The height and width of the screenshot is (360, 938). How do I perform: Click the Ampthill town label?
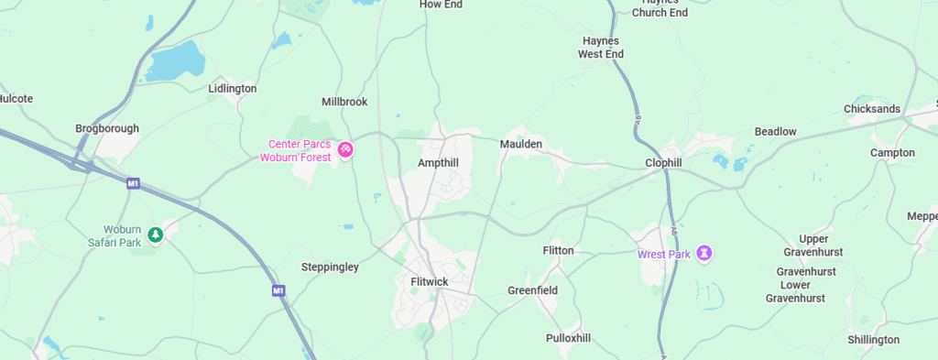[x=437, y=162]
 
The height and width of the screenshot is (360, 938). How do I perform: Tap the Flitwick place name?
[x=429, y=281]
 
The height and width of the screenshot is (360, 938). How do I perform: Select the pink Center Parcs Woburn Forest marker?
[x=345, y=149]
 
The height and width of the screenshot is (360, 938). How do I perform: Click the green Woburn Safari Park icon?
[x=156, y=235]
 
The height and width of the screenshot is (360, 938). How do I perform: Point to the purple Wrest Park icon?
[x=703, y=252]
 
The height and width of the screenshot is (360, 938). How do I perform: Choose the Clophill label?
[x=662, y=163]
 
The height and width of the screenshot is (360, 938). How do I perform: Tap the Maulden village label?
[x=521, y=145]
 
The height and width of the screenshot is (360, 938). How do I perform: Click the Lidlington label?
[x=232, y=89]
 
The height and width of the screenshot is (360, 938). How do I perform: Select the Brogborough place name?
[x=107, y=128]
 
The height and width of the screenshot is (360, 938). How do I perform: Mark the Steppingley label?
[x=330, y=267]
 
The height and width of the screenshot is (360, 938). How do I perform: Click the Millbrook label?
[x=344, y=102]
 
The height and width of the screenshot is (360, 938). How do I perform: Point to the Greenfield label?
[x=532, y=290]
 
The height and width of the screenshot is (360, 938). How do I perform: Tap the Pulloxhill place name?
[x=568, y=338]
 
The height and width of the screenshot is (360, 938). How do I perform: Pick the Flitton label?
[x=558, y=250]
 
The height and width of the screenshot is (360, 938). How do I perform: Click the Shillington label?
[x=873, y=340]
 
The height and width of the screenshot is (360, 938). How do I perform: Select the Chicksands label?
[x=872, y=109]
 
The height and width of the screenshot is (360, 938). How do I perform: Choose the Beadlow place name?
[x=775, y=132]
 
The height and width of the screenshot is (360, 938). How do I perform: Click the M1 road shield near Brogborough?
[x=133, y=184]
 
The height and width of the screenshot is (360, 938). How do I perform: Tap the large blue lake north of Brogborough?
[x=176, y=61]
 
